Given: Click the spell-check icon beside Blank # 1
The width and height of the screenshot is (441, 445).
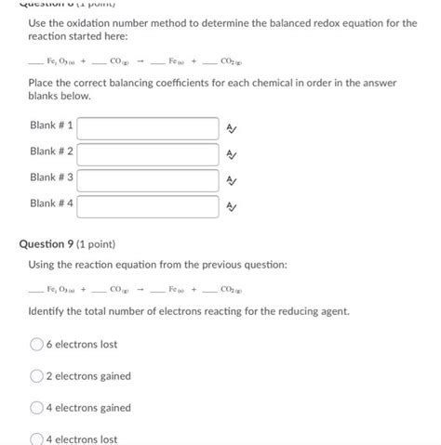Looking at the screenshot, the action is [232, 128].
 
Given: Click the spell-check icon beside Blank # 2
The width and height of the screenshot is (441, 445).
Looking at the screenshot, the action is [232, 154].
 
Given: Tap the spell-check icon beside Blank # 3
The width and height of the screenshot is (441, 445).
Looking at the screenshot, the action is [232, 180].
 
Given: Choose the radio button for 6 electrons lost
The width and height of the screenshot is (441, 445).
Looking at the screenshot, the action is [37, 345].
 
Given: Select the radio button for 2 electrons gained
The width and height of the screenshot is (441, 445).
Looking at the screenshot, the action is [37, 376].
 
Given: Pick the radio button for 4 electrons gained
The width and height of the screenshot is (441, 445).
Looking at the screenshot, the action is [37, 408].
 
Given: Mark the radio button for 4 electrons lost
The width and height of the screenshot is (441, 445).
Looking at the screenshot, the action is [37, 438].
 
